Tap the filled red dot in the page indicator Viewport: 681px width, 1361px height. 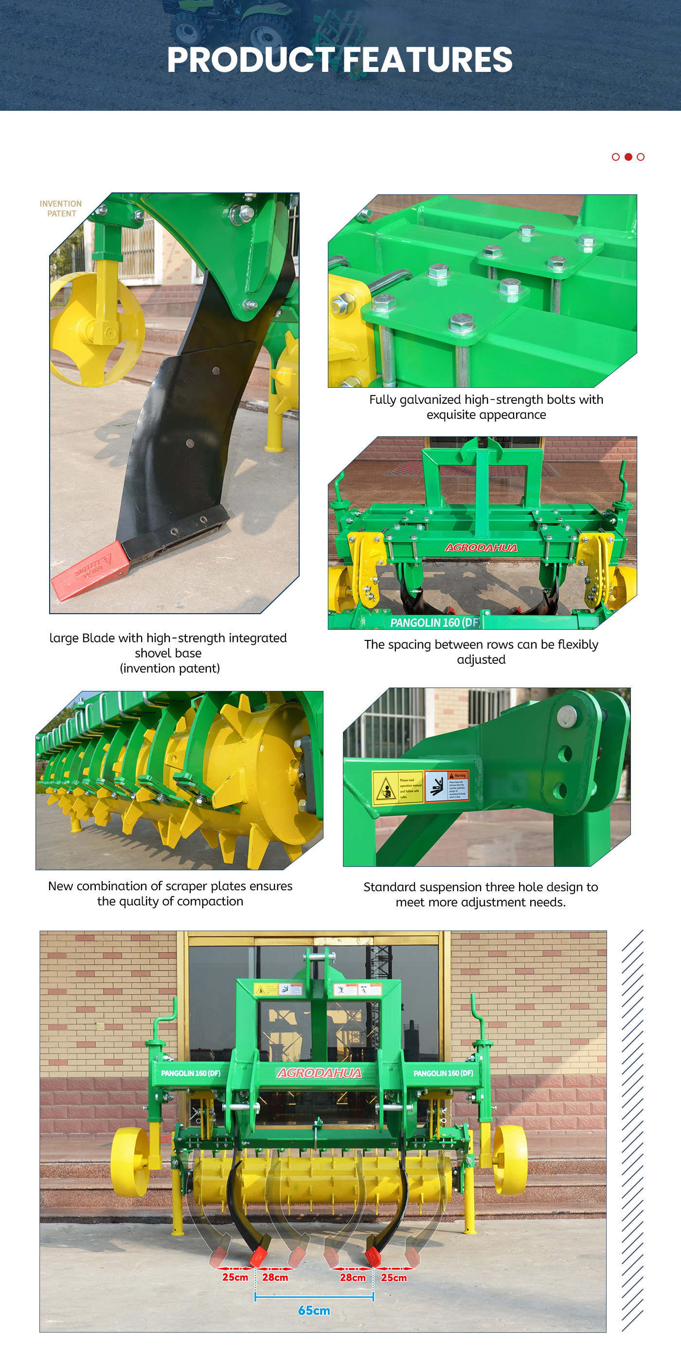pyautogui.click(x=628, y=157)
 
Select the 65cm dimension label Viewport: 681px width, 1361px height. pyautogui.click(x=314, y=1310)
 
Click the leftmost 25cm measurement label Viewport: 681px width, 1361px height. pyautogui.click(x=235, y=1277)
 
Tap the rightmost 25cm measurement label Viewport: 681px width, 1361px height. pyautogui.click(x=394, y=1277)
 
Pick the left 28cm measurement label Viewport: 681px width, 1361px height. pyautogui.click(x=275, y=1277)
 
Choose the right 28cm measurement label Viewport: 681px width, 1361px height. pyautogui.click(x=353, y=1277)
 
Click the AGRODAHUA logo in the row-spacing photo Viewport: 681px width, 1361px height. pyautogui.click(x=481, y=547)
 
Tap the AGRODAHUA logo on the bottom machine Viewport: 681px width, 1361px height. pyautogui.click(x=320, y=1073)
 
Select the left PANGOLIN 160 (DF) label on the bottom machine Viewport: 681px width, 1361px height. pyautogui.click(x=190, y=1073)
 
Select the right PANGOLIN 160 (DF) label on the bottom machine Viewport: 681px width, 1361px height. pyautogui.click(x=443, y=1073)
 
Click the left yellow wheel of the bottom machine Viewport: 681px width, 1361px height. pyautogui.click(x=130, y=1161)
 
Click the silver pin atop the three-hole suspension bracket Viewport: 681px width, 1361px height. pyautogui.click(x=567, y=716)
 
